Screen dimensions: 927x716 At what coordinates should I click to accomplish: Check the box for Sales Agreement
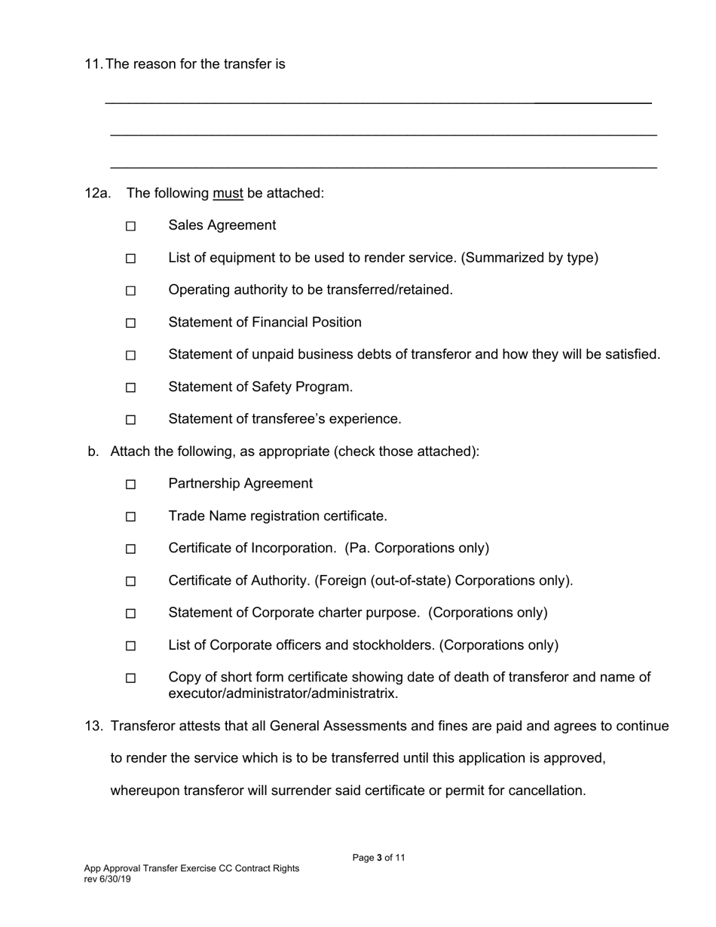pos(130,226)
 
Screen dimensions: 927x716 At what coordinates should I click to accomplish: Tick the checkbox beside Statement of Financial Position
pos(130,323)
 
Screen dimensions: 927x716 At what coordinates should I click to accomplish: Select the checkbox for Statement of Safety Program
pos(130,387)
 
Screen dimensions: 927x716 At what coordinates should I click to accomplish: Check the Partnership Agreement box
pos(130,485)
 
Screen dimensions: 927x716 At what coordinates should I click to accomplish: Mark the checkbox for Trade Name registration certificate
pos(130,517)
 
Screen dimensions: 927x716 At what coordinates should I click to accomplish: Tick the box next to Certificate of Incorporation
pos(130,549)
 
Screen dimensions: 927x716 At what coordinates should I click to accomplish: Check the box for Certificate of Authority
pos(130,581)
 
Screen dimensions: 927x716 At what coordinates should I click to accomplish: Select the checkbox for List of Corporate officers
pos(130,646)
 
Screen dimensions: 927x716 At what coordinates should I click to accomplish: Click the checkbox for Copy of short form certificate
pos(130,678)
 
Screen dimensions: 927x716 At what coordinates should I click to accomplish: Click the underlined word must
pos(228,194)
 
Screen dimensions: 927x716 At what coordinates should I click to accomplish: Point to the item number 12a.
pos(97,194)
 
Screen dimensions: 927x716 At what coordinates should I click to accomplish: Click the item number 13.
pos(93,727)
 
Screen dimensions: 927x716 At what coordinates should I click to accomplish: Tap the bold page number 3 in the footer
pos(380,858)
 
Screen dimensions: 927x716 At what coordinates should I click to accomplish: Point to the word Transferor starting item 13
pos(143,727)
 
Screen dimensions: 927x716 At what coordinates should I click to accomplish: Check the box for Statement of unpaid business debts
pos(130,355)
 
